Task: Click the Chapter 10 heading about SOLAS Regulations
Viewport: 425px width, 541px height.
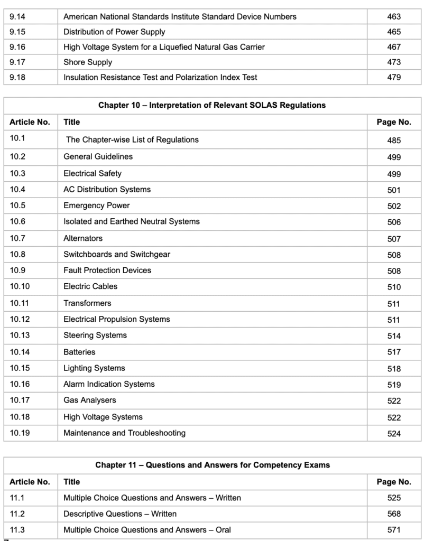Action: coord(212,105)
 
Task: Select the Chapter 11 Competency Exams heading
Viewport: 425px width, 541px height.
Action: coord(212,465)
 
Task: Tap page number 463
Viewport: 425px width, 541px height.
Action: coord(394,17)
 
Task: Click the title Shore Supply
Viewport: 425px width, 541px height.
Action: coord(88,62)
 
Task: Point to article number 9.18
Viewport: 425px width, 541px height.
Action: coord(17,77)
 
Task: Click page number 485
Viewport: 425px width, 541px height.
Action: coord(394,141)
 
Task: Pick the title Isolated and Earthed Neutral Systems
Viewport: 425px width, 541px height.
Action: coord(132,222)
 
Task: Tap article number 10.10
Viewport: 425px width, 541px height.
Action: coord(20,286)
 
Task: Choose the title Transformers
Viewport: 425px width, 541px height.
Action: coord(87,303)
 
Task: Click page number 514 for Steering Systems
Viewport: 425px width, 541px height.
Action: coord(394,336)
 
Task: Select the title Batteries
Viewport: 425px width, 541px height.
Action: coord(79,352)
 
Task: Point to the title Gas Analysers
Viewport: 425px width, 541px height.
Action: coord(90,400)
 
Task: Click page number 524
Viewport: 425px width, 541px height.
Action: coord(394,434)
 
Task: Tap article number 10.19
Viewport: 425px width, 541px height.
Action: coord(20,433)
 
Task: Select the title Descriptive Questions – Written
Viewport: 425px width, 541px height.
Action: coord(120,514)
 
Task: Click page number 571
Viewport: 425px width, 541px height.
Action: coord(394,530)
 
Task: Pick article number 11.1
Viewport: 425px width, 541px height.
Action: coord(17,498)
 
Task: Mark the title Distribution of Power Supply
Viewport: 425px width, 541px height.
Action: coord(114,32)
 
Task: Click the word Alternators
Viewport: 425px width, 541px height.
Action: coord(83,238)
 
